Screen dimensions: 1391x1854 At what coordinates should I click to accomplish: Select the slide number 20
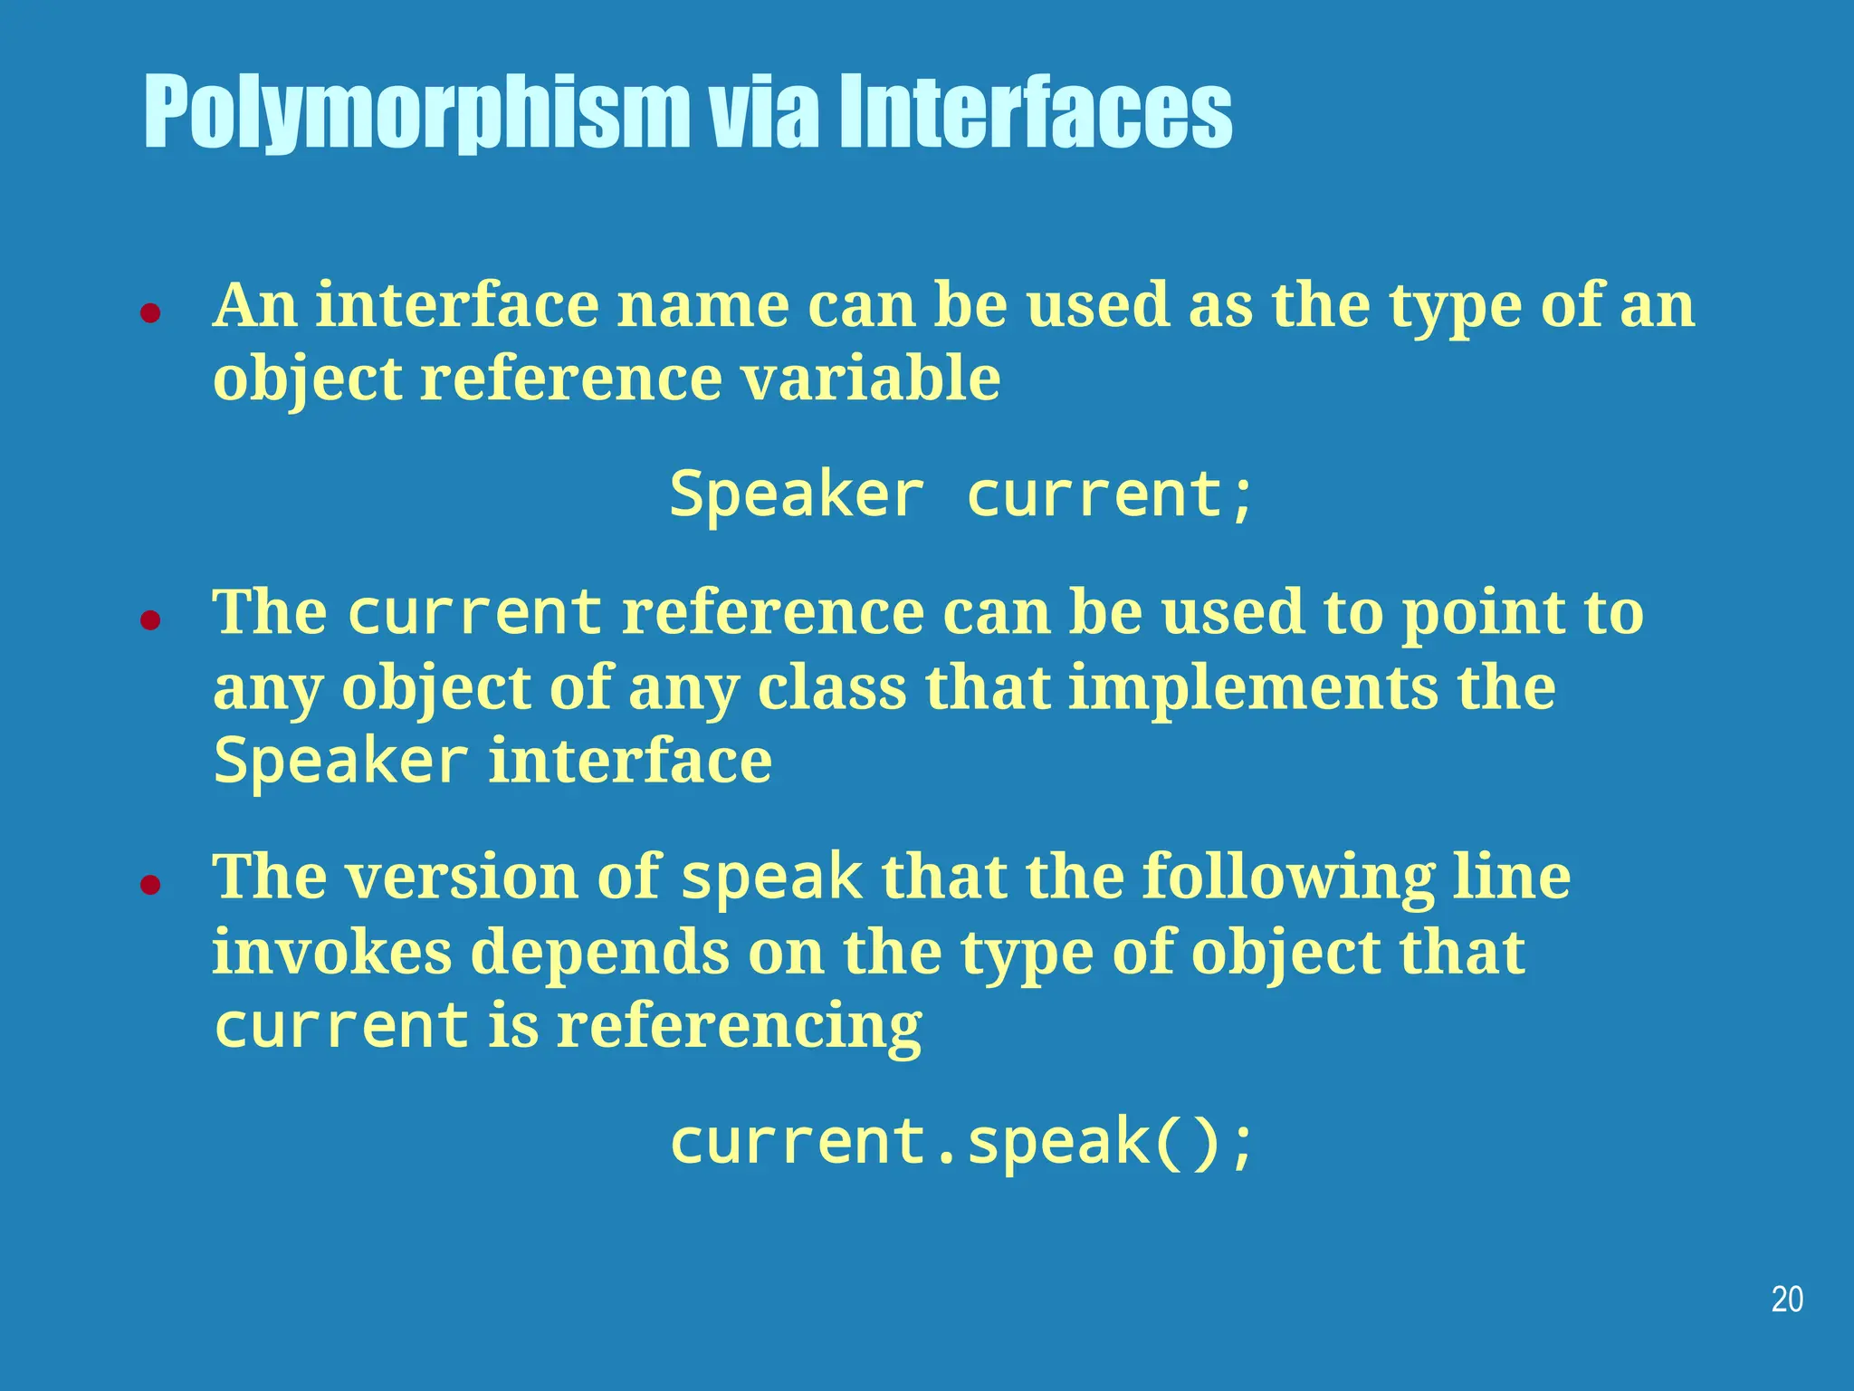click(x=1786, y=1300)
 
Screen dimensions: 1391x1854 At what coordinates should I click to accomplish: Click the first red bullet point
click(x=150, y=313)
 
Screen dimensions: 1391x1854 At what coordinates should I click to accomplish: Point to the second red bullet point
click(x=150, y=620)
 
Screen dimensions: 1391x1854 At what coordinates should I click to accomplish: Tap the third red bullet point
click(x=150, y=885)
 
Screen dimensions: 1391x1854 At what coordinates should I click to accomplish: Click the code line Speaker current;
click(x=961, y=495)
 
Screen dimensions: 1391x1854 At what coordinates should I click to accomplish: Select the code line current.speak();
click(x=961, y=1141)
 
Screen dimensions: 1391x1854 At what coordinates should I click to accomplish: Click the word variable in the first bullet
click(x=871, y=379)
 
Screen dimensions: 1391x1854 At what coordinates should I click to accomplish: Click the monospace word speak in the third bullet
click(x=771, y=878)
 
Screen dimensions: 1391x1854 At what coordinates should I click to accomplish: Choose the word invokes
click(x=331, y=952)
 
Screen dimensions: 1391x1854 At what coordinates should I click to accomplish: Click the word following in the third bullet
click(x=1287, y=878)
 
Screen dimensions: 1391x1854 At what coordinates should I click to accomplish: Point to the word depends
click(x=599, y=952)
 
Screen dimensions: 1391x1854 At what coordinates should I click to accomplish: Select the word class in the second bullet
click(x=831, y=687)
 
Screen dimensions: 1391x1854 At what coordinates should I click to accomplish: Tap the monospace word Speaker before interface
click(x=340, y=761)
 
